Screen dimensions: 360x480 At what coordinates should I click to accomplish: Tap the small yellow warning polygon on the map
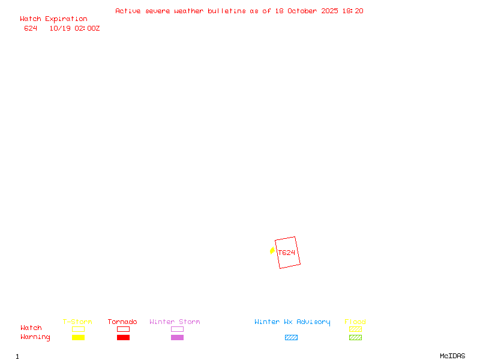[272, 250]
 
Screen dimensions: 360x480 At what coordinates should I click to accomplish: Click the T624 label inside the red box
[287, 253]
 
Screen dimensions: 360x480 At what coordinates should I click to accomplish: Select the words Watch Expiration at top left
[53, 19]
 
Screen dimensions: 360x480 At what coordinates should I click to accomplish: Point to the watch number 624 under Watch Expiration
[31, 28]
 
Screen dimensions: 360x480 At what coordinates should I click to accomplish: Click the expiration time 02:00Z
[87, 28]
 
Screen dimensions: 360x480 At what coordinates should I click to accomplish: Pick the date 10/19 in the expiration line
[60, 28]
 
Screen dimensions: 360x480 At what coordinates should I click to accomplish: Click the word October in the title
[305, 11]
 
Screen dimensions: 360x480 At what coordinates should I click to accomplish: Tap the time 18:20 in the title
[354, 11]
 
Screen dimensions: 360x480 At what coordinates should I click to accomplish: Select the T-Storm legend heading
[77, 322]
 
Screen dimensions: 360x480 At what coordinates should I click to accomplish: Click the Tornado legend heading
[122, 322]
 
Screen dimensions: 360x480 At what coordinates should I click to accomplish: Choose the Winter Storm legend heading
[175, 322]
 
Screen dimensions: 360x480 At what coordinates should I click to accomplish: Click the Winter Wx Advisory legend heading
[292, 322]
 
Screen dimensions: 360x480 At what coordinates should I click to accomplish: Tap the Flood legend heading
[355, 322]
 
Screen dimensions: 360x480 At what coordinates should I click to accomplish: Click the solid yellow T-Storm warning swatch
[78, 338]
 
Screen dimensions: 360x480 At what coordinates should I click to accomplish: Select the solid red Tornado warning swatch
[123, 338]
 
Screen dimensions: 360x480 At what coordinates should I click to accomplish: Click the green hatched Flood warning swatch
[355, 338]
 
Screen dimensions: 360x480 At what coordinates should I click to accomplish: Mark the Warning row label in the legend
[35, 337]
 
